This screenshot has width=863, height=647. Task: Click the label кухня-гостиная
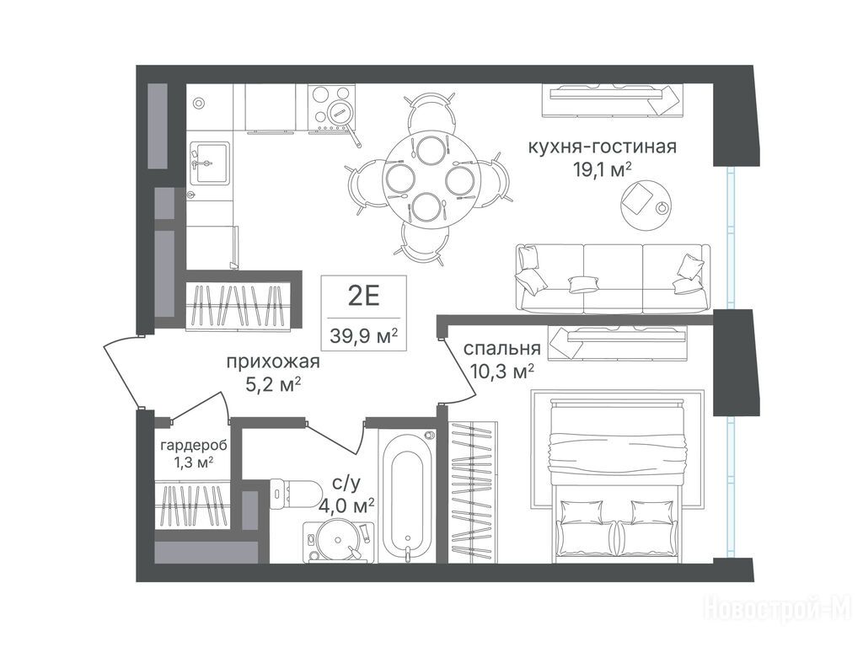coord(602,147)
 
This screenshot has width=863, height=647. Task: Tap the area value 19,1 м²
coord(602,170)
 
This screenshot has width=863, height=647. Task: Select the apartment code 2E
coord(364,297)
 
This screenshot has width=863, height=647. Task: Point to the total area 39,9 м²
coord(364,334)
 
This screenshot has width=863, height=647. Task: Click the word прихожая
coord(273,362)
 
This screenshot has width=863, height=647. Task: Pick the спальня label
coord(502,349)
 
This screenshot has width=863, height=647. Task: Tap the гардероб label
coord(194,445)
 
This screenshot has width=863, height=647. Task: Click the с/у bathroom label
coord(346,484)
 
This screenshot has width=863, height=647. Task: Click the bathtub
coord(409,496)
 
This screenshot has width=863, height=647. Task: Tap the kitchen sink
coord(209,163)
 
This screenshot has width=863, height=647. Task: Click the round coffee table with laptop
coord(646,201)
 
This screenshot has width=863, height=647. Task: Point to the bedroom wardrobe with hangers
coord(473,492)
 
